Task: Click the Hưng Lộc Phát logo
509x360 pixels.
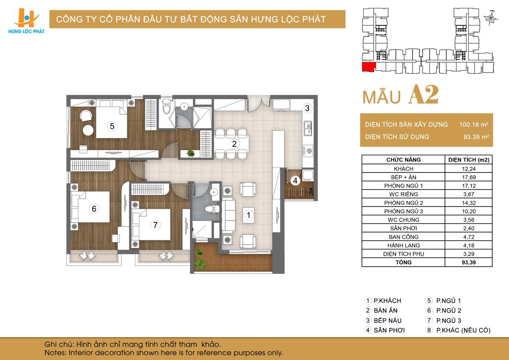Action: click(26, 21)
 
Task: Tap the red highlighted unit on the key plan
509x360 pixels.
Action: click(368, 67)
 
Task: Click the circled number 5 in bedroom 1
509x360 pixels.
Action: click(112, 126)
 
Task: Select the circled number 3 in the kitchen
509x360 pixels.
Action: click(307, 108)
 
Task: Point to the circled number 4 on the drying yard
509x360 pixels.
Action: click(295, 181)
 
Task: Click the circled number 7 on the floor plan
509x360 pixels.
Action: click(155, 225)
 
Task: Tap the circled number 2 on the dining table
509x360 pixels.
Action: click(235, 144)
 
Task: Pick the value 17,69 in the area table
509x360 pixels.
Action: click(469, 177)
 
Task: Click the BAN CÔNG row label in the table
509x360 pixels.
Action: click(403, 237)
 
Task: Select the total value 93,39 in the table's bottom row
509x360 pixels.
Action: click(469, 262)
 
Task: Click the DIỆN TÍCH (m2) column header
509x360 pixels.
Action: click(469, 160)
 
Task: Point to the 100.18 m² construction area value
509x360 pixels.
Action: click(473, 125)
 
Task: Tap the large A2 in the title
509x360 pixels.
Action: click(423, 95)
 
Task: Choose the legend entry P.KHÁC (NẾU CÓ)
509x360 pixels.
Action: click(463, 330)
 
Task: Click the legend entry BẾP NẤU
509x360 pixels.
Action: click(388, 321)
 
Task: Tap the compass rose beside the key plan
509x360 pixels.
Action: click(490, 18)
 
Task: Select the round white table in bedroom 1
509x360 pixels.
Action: click(88, 130)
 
